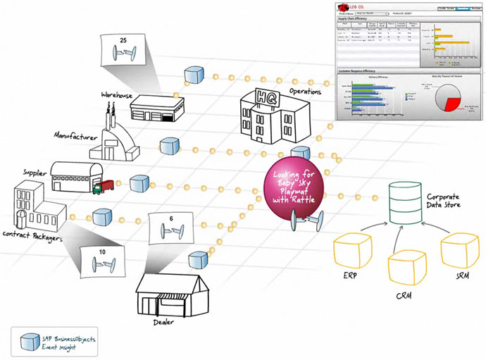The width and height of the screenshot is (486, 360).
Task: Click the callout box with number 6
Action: (171, 228)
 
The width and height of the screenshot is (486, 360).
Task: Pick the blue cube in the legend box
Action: (29, 341)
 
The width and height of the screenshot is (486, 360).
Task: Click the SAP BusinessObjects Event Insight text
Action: (66, 342)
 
